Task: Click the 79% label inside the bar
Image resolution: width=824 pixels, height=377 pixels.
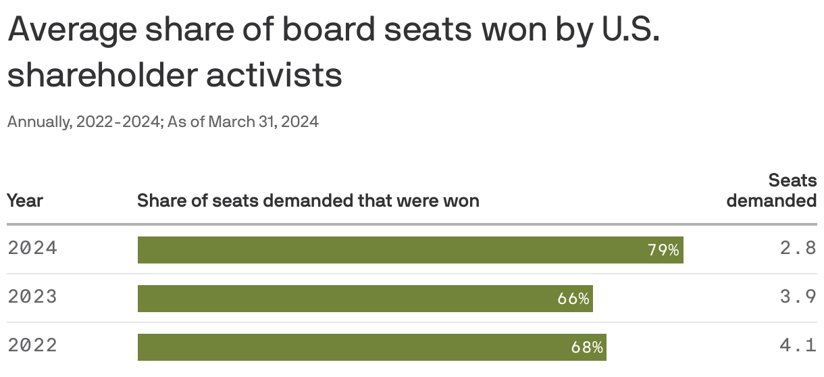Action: [663, 250]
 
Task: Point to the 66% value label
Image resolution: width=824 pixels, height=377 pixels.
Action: [573, 299]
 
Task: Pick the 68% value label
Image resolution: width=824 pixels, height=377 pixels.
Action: [586, 347]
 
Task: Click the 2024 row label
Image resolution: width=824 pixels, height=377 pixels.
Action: [32, 248]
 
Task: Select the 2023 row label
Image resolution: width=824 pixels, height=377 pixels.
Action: [32, 297]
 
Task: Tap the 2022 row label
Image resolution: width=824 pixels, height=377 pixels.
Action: [32, 345]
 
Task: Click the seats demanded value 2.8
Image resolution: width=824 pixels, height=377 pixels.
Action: [798, 248]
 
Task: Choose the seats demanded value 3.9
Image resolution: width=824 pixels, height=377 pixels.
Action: [798, 297]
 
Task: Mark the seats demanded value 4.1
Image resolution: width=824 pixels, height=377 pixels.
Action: [798, 345]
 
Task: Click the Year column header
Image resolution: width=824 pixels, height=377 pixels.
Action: [25, 201]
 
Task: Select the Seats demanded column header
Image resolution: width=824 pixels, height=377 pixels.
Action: [772, 191]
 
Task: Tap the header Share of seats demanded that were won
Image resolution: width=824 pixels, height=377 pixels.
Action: [308, 201]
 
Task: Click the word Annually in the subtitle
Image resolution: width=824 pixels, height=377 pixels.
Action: [38, 122]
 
